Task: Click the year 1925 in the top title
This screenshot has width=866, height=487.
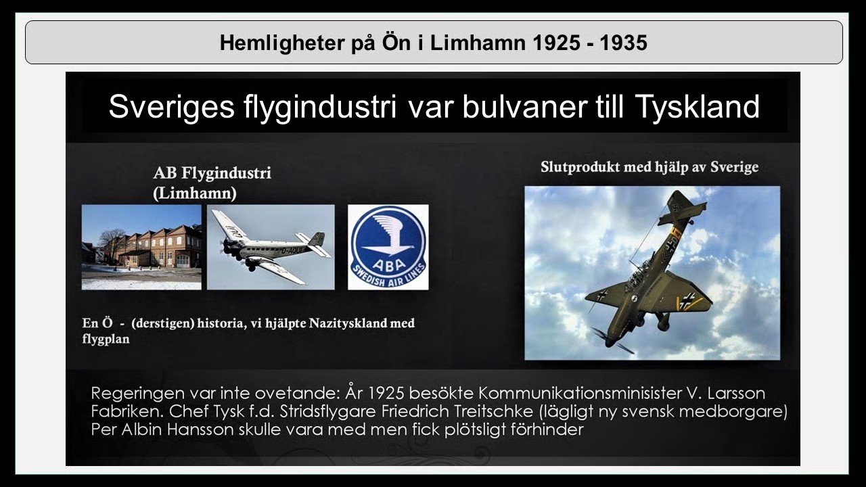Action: point(556,43)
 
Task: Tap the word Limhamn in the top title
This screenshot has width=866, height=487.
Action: point(478,43)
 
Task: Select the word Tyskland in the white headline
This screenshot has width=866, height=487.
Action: point(697,107)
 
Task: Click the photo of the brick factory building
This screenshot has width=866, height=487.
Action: point(141,247)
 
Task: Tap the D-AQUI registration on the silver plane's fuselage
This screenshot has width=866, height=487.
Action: point(292,250)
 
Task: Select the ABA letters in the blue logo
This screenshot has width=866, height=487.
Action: point(388,264)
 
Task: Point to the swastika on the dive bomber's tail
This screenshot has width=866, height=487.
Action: point(676,208)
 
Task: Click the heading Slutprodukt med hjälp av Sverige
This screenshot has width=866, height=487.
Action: point(649,167)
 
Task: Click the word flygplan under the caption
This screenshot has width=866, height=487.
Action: point(106,340)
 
